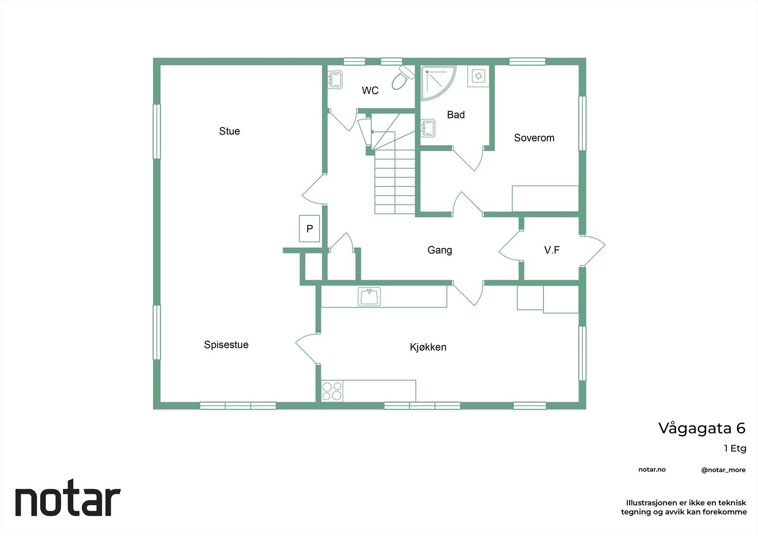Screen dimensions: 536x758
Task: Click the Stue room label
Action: click(229, 131)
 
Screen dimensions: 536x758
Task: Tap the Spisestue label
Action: click(226, 345)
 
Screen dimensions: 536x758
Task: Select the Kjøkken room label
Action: click(428, 347)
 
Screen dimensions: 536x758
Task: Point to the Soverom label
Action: click(534, 138)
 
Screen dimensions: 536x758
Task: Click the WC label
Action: click(370, 91)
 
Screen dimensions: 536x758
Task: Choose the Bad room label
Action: click(456, 115)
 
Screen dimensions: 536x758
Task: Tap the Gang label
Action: click(440, 250)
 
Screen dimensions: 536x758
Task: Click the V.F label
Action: click(552, 250)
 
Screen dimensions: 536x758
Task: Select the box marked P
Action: click(310, 229)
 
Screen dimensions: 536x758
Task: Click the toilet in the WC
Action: click(401, 78)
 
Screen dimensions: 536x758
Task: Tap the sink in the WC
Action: click(335, 80)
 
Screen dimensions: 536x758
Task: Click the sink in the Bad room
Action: click(428, 127)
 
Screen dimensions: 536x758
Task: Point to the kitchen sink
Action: click(370, 297)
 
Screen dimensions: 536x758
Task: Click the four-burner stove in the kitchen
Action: click(332, 391)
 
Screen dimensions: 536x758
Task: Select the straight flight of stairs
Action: click(395, 182)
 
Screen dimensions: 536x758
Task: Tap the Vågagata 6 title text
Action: click(702, 428)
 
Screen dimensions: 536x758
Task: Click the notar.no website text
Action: click(652, 470)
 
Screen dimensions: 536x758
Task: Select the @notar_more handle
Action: click(723, 470)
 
